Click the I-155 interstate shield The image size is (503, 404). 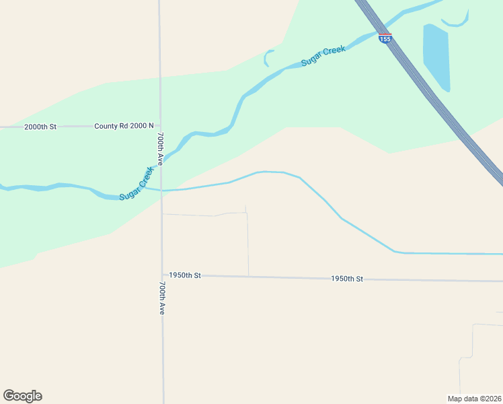point(385,38)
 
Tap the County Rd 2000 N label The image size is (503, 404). point(124,126)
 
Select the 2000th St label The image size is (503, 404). point(41,127)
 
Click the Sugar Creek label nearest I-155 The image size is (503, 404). point(323,55)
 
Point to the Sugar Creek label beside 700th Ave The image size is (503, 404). point(137,183)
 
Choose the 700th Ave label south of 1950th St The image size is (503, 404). point(162,298)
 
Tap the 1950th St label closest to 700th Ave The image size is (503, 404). point(185,275)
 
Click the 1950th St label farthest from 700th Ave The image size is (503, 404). point(346,278)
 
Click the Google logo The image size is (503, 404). point(22,396)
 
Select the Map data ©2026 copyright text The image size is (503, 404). point(474,398)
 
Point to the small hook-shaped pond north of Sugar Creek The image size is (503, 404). point(267,58)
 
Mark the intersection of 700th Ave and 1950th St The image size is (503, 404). point(162,274)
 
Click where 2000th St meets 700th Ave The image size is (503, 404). point(160,126)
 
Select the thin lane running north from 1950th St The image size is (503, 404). point(247,242)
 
